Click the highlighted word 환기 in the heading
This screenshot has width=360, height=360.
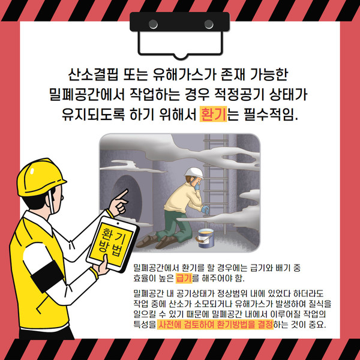213,114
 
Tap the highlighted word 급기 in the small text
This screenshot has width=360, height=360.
184,278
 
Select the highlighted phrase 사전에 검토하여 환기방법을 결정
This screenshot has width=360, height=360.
215,325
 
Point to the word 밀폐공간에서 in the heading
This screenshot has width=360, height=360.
87,94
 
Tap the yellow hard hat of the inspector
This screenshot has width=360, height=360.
40,177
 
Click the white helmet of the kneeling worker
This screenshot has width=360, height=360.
194,173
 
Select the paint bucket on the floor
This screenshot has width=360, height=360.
206,238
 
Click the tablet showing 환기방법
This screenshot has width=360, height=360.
112,244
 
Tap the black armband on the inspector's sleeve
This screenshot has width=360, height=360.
47,276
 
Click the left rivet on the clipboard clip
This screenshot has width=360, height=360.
153,24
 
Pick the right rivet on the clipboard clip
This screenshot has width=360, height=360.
209,24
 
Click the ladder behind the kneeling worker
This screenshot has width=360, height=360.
215,184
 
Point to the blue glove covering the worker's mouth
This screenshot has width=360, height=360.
197,187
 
